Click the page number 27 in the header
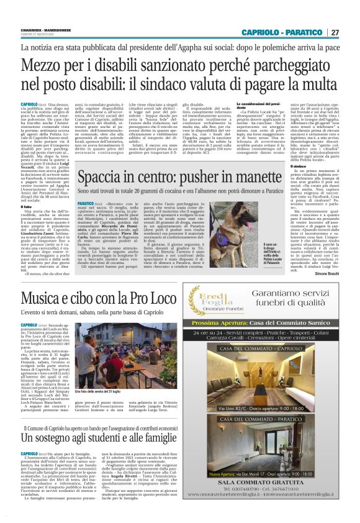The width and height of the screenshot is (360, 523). (335, 32)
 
